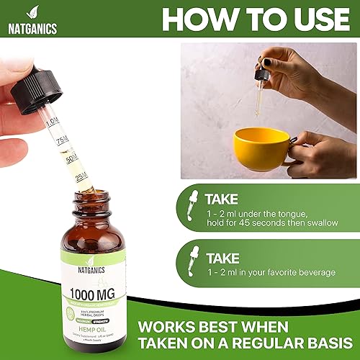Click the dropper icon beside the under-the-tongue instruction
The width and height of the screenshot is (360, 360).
192,206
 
